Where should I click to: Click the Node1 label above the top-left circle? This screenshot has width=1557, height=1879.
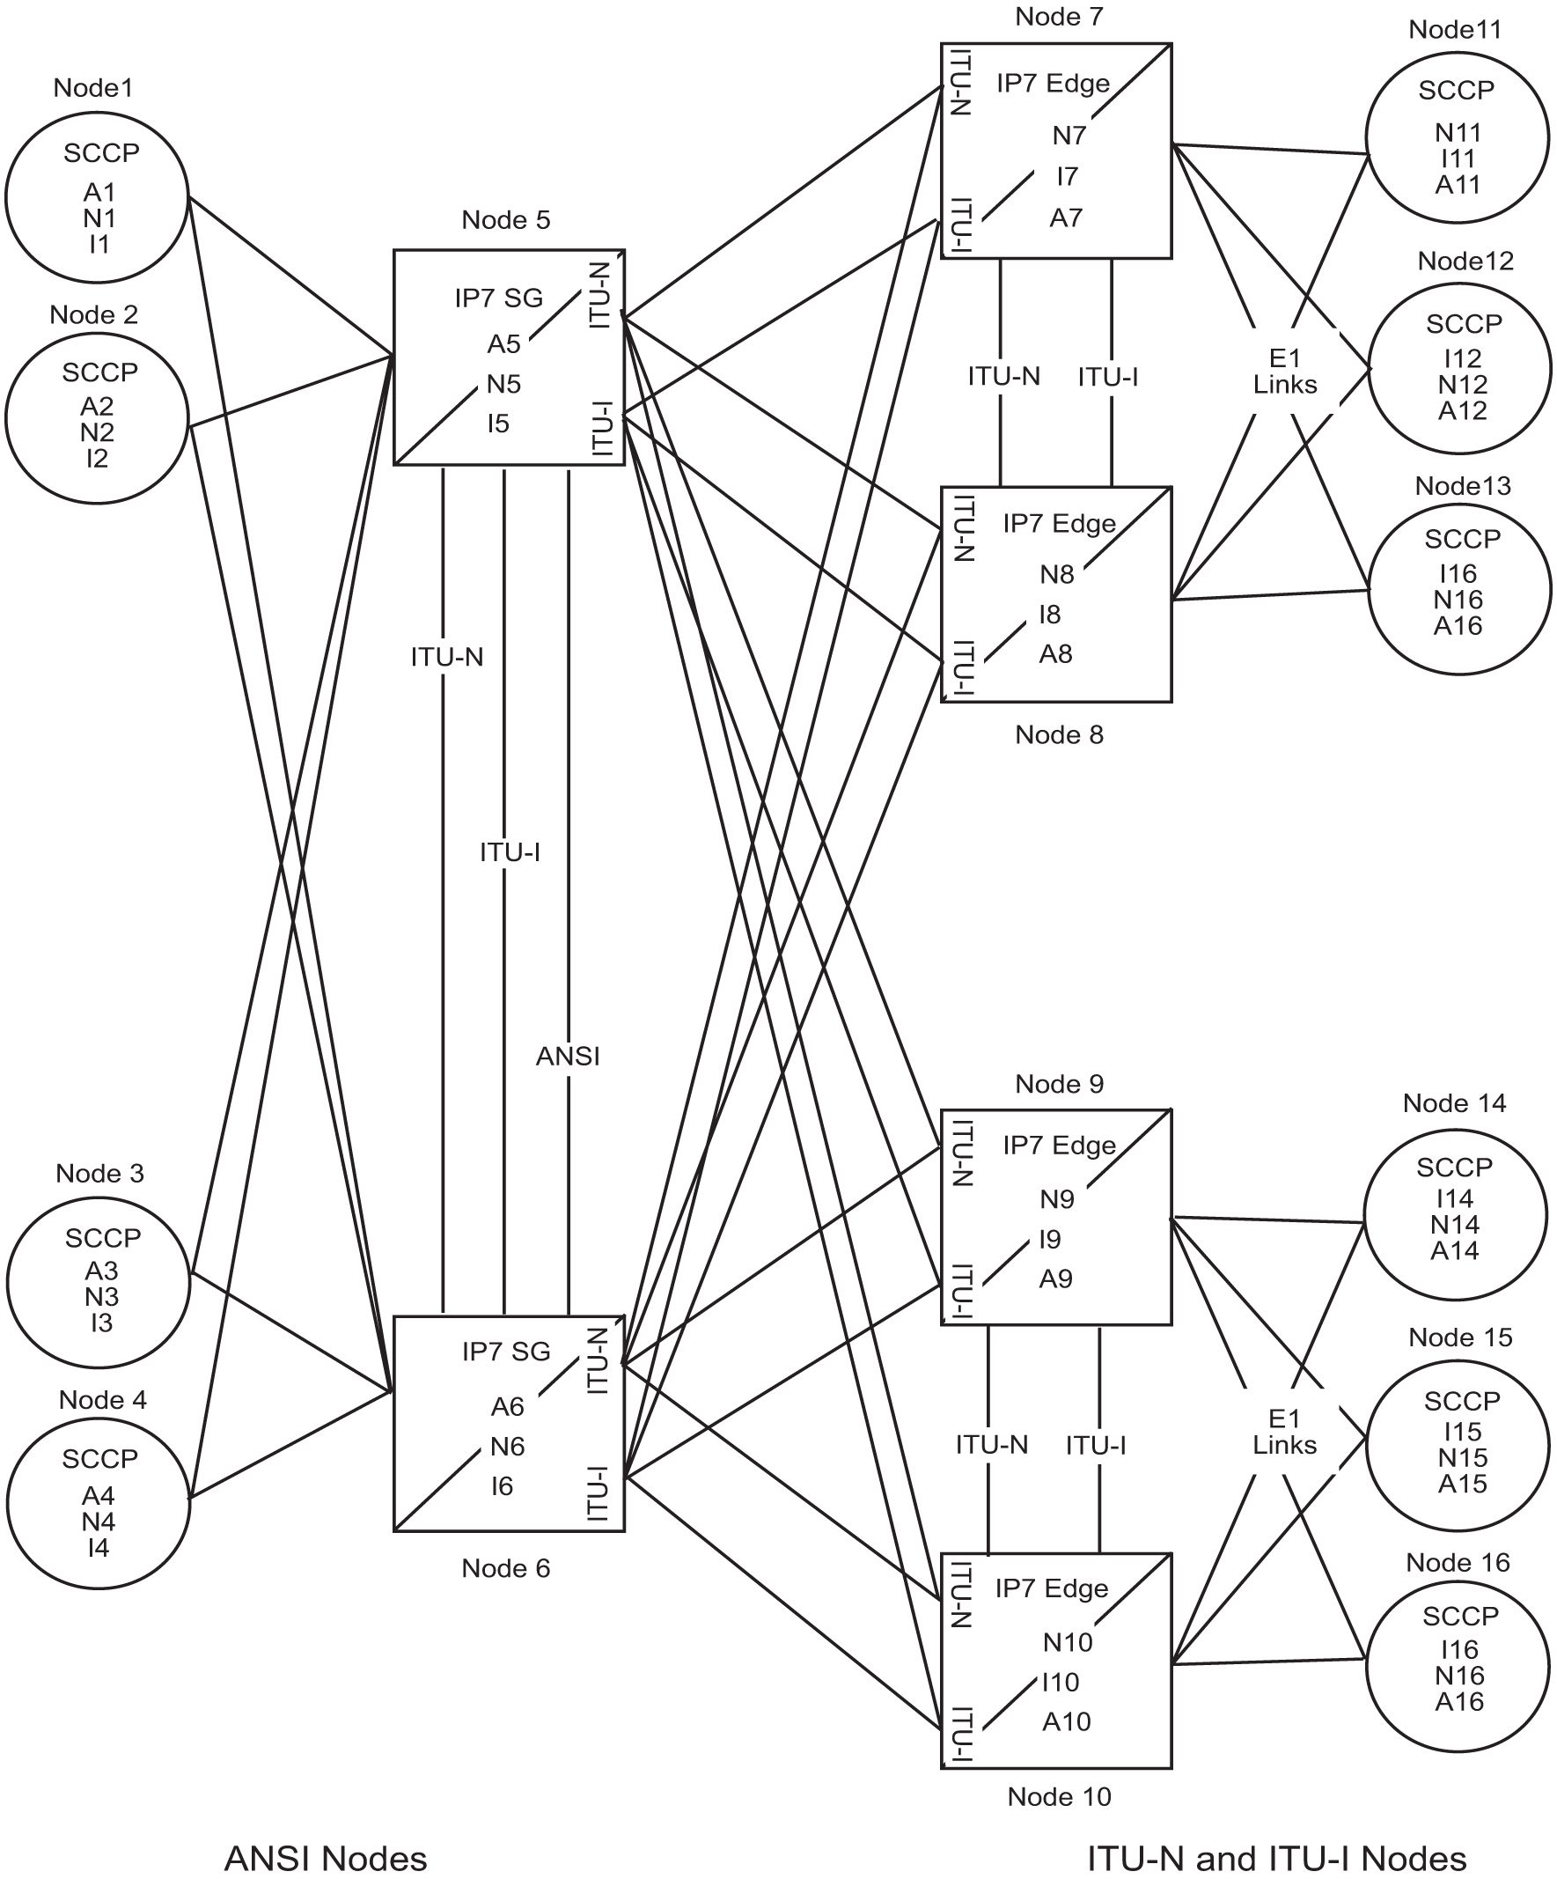93,88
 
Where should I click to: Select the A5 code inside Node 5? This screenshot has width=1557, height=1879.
503,343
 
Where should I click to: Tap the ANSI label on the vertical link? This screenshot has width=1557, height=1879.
567,1057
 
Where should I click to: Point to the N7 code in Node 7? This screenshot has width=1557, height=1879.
1069,136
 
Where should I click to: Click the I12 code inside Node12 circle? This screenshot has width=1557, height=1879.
1462,358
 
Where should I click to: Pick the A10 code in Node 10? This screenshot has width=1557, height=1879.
1066,1721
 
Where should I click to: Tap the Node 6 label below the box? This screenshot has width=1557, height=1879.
505,1568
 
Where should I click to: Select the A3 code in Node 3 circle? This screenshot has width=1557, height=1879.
101,1271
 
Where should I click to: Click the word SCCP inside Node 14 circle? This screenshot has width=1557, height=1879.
1454,1168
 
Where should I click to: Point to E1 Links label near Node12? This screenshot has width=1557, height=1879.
1284,372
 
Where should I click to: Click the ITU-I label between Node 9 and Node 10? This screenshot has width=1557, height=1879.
1096,1445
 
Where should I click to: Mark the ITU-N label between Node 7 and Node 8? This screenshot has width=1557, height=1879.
1003,377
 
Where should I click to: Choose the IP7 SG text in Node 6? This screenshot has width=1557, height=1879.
505,1351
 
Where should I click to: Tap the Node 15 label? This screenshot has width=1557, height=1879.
1459,1337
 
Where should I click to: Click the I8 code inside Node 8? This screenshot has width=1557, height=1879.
1049,615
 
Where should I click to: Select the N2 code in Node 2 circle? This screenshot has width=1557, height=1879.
97,433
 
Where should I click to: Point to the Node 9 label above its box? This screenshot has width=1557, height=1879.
1059,1085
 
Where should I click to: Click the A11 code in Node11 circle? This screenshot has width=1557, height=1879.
1458,185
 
